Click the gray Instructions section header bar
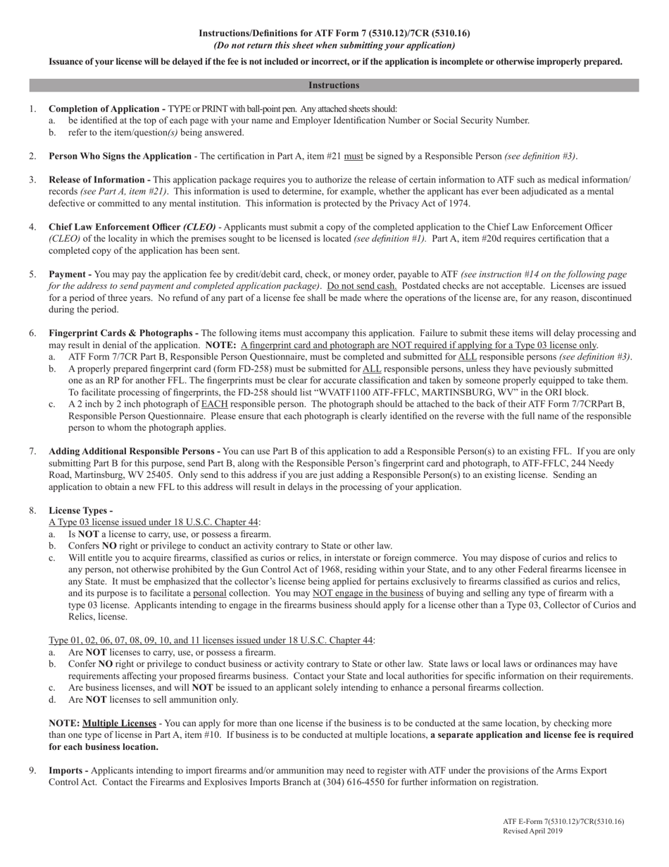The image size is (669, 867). click(334, 85)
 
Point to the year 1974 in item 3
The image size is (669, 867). click(459, 204)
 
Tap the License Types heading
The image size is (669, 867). click(80, 510)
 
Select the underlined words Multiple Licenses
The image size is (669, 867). click(119, 723)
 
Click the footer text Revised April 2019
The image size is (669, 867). click(532, 831)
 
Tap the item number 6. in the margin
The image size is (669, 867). click(33, 333)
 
